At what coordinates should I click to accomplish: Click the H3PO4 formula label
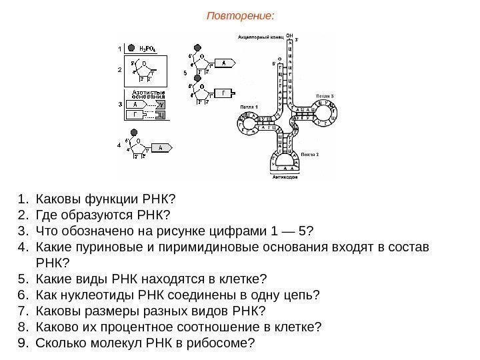[x=147, y=48]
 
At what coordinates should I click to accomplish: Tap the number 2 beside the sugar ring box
[x=119, y=69]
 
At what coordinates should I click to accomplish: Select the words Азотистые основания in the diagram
[x=148, y=95]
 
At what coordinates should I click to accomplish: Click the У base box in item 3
[x=161, y=105]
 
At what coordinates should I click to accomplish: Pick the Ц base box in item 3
[x=160, y=116]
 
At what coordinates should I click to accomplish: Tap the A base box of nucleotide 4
[x=161, y=147]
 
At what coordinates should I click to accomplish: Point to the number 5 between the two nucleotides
[x=185, y=73]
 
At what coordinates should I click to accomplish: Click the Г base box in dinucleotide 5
[x=225, y=93]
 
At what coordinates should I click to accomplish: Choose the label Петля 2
[x=309, y=154]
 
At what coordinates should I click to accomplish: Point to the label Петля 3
[x=325, y=96]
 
